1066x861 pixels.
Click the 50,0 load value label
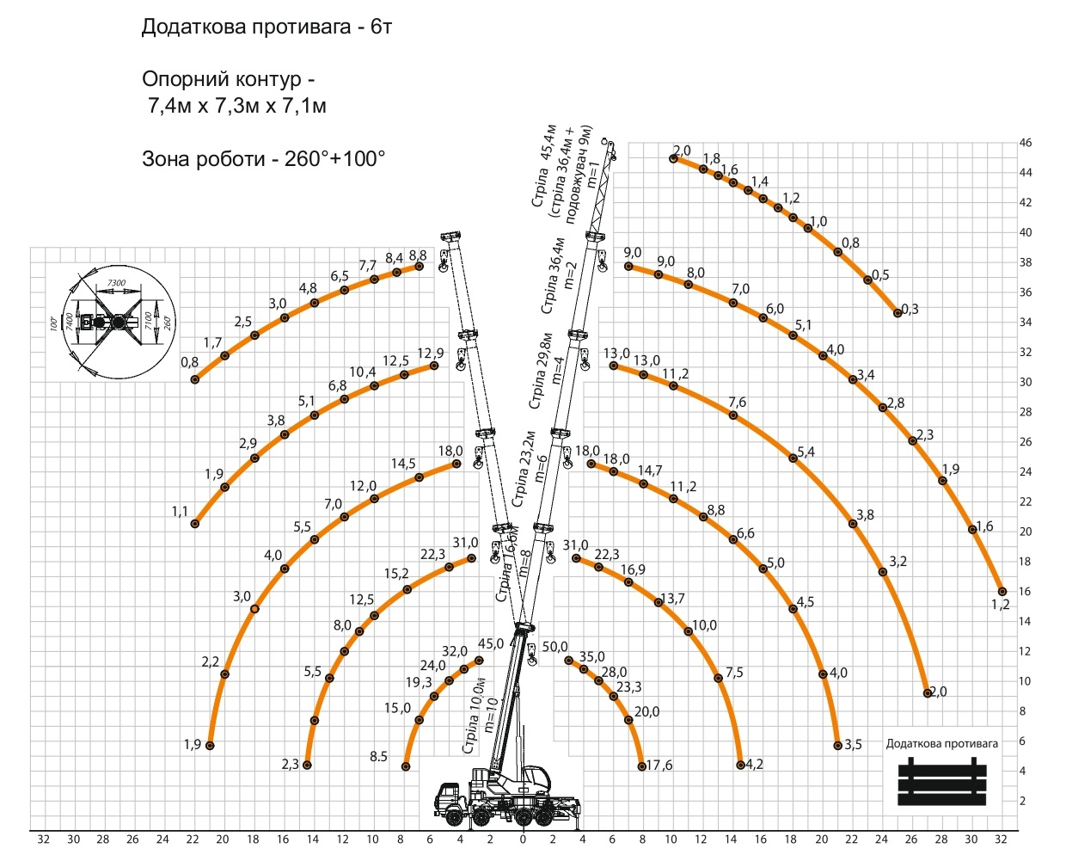coord(554,647)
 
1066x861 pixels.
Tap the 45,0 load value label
coord(491,644)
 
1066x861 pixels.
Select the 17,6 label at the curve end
coord(659,765)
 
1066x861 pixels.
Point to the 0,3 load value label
coord(910,310)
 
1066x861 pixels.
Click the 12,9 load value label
coord(431,354)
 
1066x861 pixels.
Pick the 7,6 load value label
coord(737,403)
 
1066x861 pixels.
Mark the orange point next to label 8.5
coord(406,766)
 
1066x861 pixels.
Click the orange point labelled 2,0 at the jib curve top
coord(674,158)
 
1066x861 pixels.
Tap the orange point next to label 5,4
coord(793,458)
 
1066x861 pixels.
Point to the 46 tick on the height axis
coord(1025,143)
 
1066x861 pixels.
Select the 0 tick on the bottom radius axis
coord(523,839)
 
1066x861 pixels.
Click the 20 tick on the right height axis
coord(1025,532)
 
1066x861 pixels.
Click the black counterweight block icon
coord(942,782)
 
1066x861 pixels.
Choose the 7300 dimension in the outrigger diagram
coord(116,283)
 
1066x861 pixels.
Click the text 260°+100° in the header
coord(334,159)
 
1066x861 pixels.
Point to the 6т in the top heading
coord(381,27)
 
